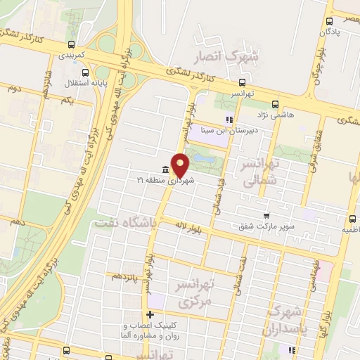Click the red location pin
pyautogui.click(x=181, y=165)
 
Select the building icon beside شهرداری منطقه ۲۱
pyautogui.click(x=165, y=169)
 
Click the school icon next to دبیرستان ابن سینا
pyautogui.click(x=229, y=119)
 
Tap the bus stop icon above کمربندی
pyautogui.click(x=84, y=43)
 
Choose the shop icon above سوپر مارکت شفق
pyautogui.click(x=266, y=216)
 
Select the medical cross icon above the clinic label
pyautogui.click(x=149, y=314)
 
